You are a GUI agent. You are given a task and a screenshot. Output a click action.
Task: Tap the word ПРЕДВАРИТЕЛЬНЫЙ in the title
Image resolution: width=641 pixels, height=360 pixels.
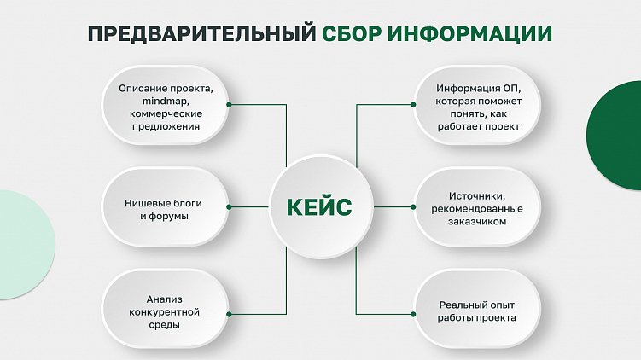pyautogui.click(x=201, y=34)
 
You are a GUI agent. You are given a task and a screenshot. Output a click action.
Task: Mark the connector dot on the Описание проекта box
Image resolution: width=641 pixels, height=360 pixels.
pyautogui.click(x=230, y=104)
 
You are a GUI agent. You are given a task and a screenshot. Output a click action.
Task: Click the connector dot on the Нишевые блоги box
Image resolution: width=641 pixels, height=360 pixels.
pyautogui.click(x=230, y=206)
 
